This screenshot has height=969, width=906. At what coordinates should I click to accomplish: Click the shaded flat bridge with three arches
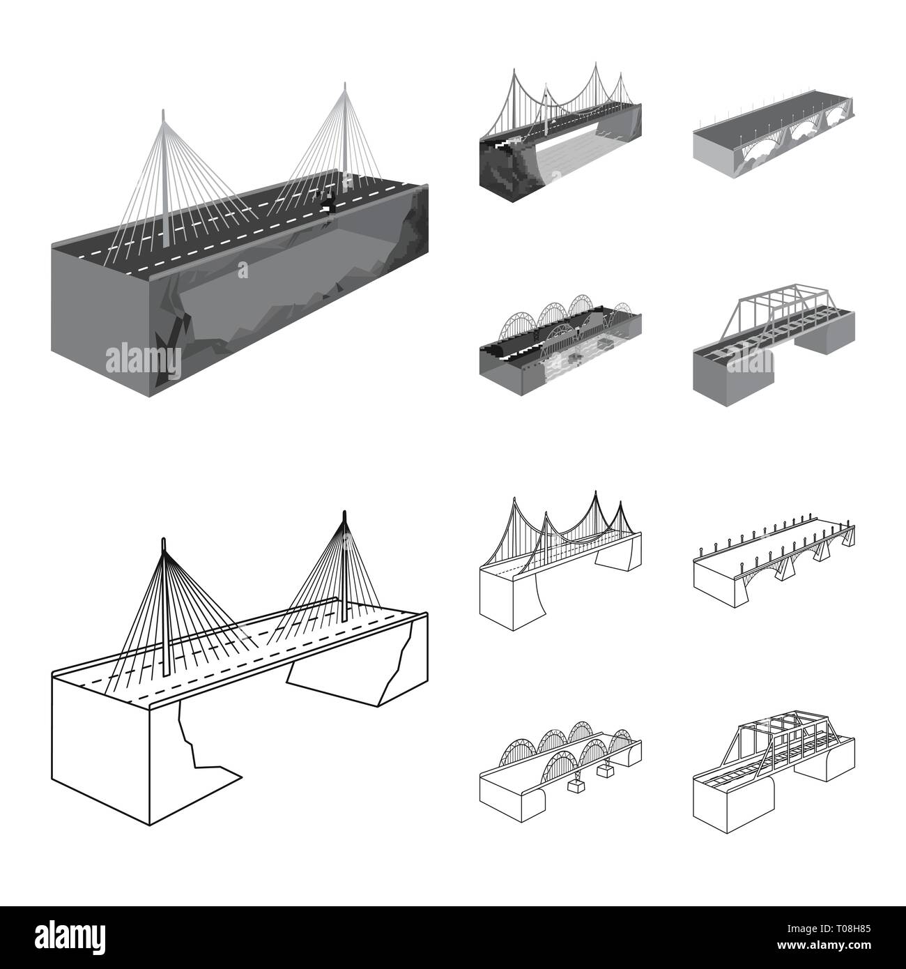pos(774,150)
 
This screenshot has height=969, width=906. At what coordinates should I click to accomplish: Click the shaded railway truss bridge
pos(774,349)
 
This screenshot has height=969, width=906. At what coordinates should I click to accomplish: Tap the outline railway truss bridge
pos(774,774)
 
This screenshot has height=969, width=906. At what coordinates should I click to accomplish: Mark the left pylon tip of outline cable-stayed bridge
pos(164,540)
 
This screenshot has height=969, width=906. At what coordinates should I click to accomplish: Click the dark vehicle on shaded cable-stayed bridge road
pos(328,202)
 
